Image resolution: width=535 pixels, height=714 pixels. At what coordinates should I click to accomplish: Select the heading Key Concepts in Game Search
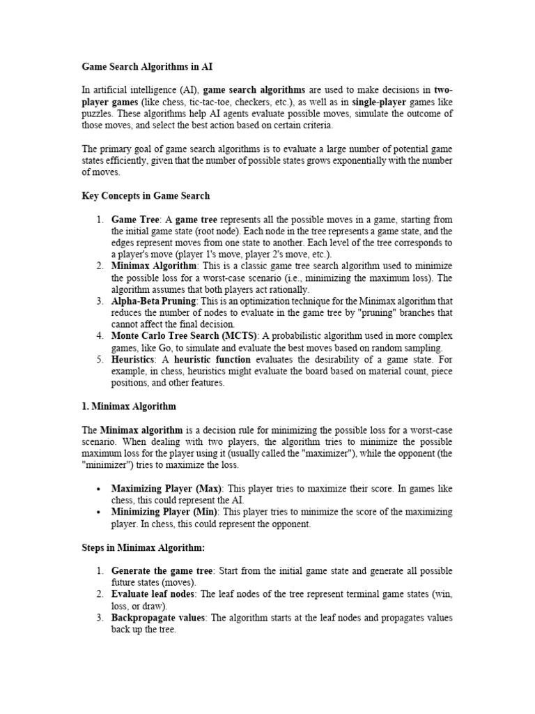(x=146, y=196)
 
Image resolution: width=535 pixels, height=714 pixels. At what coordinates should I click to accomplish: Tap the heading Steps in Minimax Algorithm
(x=144, y=548)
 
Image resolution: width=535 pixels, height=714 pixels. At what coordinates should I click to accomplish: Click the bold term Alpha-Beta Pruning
(x=155, y=301)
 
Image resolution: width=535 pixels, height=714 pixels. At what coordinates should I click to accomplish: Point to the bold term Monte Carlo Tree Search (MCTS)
(x=184, y=336)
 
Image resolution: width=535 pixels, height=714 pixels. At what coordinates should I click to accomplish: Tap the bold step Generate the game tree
(x=162, y=571)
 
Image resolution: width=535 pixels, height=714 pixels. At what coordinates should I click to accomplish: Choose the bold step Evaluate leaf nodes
(x=154, y=594)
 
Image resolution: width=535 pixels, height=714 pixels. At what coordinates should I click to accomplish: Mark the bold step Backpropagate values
(x=158, y=618)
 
